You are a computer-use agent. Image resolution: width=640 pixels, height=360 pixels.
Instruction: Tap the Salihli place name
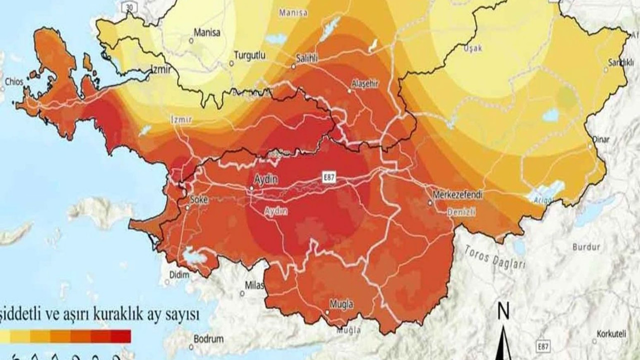(x=307, y=58)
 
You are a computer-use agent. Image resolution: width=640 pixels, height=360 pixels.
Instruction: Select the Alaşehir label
(x=365, y=83)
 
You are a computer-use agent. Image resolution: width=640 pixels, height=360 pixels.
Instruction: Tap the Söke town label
(x=198, y=199)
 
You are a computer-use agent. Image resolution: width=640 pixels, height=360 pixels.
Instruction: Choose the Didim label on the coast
(x=179, y=275)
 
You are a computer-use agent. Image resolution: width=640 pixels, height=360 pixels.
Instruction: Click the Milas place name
(x=254, y=284)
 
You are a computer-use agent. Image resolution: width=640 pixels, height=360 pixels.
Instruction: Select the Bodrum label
(x=208, y=339)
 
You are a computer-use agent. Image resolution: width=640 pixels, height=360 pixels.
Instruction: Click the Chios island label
(x=14, y=81)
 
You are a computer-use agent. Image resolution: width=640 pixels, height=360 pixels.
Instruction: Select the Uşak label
(x=473, y=48)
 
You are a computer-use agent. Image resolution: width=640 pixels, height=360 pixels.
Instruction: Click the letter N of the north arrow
(x=503, y=312)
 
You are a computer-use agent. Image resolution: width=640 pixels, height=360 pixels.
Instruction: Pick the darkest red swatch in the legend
(x=121, y=336)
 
